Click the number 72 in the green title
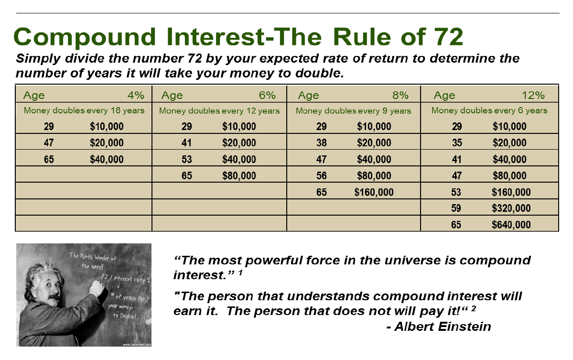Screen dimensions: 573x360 [x=448, y=37]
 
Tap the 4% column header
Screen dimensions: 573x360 [x=136, y=96]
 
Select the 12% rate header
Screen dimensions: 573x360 [x=533, y=96]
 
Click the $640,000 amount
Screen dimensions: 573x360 [x=511, y=224]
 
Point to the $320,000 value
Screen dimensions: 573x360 [x=511, y=208]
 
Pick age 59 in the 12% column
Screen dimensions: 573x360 [x=456, y=208]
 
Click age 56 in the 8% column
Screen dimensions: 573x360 [x=322, y=175]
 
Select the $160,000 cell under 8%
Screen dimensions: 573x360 [x=374, y=192]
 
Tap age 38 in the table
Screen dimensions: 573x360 [x=322, y=142]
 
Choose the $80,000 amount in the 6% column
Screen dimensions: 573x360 [x=239, y=175]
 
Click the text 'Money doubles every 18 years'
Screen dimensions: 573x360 [x=84, y=110]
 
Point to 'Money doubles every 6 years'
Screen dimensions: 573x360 [x=489, y=110]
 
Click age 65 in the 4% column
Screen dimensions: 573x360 [x=49, y=159]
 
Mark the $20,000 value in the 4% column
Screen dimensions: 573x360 [x=107, y=142]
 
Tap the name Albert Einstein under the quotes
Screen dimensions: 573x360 [x=443, y=327]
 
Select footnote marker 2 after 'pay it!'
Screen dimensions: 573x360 [x=474, y=308]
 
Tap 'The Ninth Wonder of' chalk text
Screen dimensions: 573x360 [x=93, y=257]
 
